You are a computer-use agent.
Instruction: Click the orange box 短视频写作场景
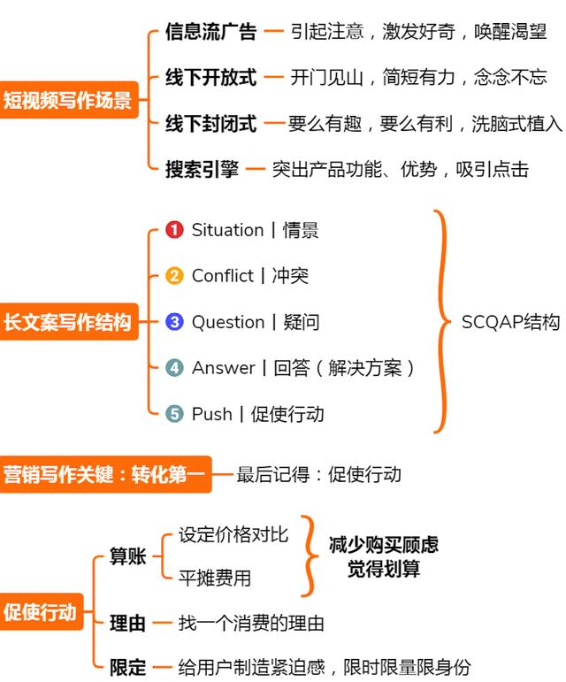(x=69, y=100)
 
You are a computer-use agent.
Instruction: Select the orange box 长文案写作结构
(x=69, y=322)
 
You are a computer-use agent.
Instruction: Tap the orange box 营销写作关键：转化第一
(x=105, y=474)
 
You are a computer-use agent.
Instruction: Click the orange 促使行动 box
(x=42, y=611)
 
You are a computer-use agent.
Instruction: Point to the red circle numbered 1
(x=174, y=230)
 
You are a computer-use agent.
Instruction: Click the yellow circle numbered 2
(x=174, y=276)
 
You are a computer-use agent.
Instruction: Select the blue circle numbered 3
(x=174, y=322)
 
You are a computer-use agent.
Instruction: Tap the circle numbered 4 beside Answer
(x=174, y=367)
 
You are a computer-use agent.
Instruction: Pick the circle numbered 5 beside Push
(x=174, y=414)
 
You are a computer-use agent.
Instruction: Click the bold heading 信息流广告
(x=210, y=32)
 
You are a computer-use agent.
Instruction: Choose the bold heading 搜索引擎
(x=202, y=169)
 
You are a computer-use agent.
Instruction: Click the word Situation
(x=228, y=230)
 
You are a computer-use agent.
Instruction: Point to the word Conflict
(x=223, y=276)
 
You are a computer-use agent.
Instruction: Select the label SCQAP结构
(x=510, y=322)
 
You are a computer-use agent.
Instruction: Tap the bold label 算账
(x=128, y=556)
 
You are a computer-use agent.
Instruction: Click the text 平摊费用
(x=215, y=578)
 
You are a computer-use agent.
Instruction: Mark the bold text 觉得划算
(x=384, y=569)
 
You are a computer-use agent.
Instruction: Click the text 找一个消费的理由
(x=251, y=624)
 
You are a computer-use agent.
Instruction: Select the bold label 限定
(x=128, y=667)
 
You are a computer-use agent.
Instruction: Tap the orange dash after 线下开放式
(x=274, y=78)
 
